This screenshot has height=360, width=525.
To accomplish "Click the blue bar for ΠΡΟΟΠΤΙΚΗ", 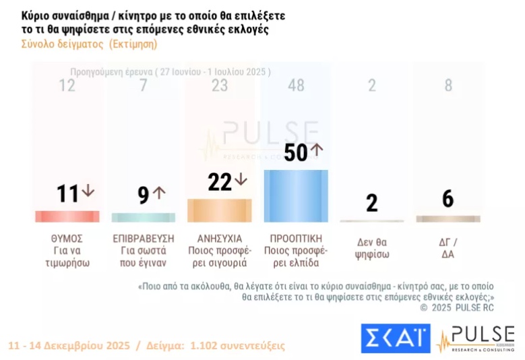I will (295, 196).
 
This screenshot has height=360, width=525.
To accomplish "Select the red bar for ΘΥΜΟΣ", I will (67, 216).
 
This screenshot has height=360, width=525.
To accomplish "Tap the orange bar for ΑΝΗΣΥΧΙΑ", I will (219, 210).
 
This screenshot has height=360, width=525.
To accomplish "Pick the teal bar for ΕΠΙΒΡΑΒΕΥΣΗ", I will (143, 218).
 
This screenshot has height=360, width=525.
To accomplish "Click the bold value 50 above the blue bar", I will (295, 153).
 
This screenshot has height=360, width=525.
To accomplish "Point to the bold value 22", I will (220, 182).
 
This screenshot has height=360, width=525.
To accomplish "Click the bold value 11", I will (67, 194).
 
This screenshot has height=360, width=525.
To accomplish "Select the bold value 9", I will (143, 196).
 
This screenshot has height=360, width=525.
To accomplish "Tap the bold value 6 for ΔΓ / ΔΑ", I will (447, 199).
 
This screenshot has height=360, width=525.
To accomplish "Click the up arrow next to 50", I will (317, 150).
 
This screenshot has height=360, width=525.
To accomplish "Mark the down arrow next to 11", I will (88, 191).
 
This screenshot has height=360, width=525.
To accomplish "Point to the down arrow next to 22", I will (241, 180).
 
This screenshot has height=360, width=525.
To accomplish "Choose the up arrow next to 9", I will (159, 193).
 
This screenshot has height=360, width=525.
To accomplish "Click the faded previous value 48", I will (295, 86).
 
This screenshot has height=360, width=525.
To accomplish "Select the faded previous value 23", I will (219, 86).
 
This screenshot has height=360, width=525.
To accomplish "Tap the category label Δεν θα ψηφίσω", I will (372, 249).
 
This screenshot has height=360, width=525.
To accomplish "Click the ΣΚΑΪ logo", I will (395, 338).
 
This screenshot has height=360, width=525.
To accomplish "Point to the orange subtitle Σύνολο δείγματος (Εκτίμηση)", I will (84, 44).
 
